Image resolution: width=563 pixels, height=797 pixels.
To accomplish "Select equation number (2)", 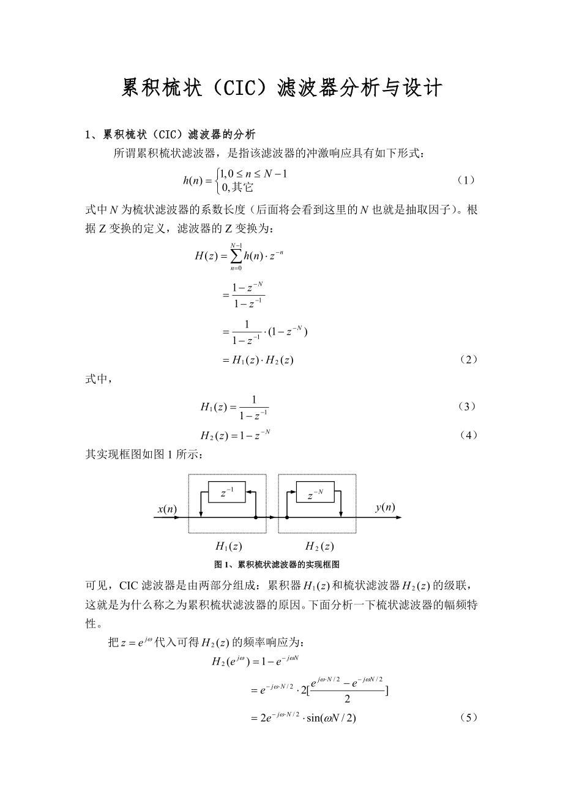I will point(468,360).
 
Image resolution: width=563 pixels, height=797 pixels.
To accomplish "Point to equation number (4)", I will point(468,435).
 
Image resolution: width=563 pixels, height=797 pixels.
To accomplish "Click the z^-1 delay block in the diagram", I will point(226,492).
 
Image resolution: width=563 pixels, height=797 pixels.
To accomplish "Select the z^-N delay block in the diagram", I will point(315,492).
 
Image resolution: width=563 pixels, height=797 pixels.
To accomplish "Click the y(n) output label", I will point(385,507).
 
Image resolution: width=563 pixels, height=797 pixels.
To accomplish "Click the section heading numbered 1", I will point(170,134).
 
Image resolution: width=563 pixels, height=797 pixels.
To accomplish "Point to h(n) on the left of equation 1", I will point(195,180).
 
